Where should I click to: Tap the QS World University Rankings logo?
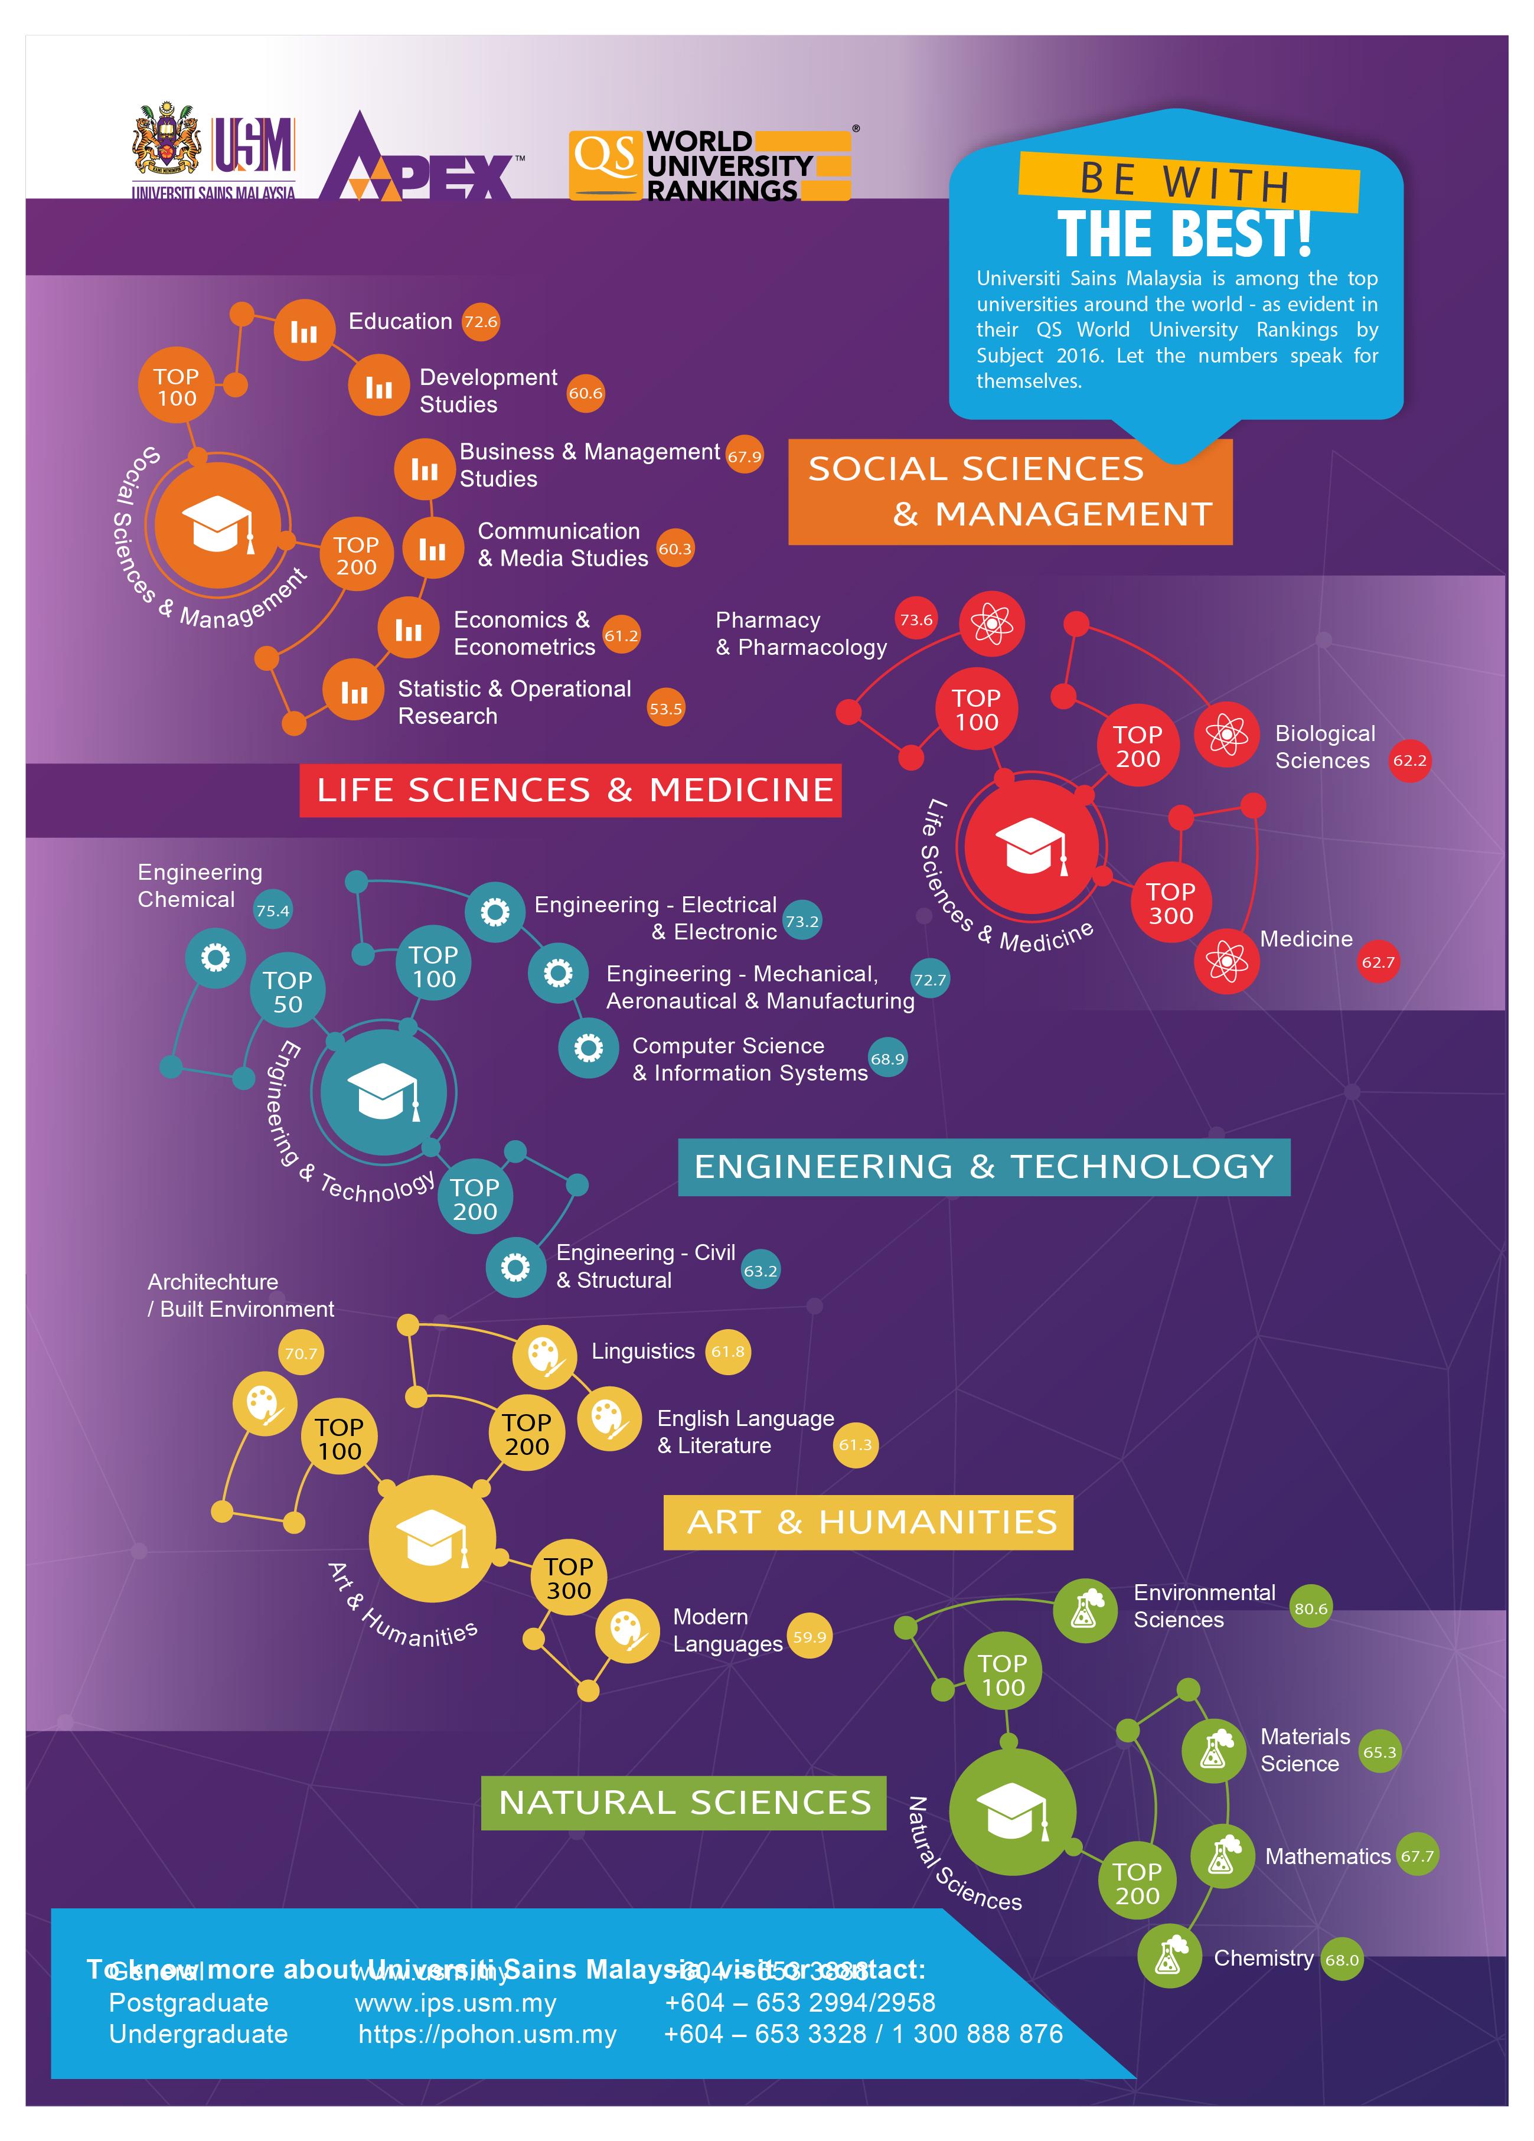point(710,166)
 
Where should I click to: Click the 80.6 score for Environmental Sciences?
point(1310,1608)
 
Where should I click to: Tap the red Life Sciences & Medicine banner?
point(570,790)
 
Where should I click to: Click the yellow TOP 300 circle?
point(568,1578)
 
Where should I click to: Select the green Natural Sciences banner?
point(684,1802)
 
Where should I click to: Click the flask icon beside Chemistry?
point(1169,1958)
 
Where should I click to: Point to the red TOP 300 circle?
point(1170,903)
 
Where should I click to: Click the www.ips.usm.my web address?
point(455,2002)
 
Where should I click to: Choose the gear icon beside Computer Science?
point(588,1048)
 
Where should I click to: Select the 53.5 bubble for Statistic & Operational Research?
point(665,709)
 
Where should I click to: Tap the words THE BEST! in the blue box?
point(1184,233)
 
